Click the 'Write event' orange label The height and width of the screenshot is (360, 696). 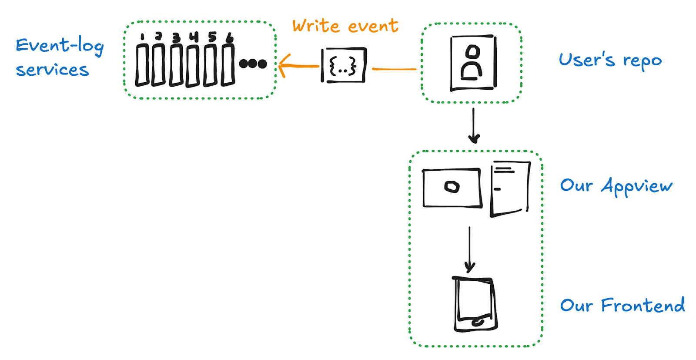(x=345, y=26)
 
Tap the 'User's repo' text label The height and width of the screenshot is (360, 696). (x=610, y=61)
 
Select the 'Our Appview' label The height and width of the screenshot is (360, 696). (x=616, y=186)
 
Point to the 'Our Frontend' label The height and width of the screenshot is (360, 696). (x=622, y=305)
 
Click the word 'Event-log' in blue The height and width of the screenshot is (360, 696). (x=60, y=46)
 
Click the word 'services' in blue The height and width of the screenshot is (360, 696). (x=52, y=70)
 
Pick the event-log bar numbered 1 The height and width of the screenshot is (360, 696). (x=142, y=65)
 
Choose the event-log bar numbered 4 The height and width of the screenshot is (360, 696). (x=193, y=66)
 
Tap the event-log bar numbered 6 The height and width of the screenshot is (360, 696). (x=228, y=65)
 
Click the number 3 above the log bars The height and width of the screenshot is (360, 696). (x=176, y=37)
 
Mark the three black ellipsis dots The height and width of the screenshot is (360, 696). (x=253, y=64)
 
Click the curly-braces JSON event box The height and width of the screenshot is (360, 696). (x=344, y=65)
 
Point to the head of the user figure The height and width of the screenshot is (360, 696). (x=472, y=52)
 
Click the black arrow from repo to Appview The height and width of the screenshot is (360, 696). (x=474, y=126)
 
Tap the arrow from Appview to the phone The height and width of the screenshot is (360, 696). (x=469, y=249)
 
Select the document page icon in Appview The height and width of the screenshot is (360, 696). (x=510, y=188)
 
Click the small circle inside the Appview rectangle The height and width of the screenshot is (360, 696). (x=452, y=187)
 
